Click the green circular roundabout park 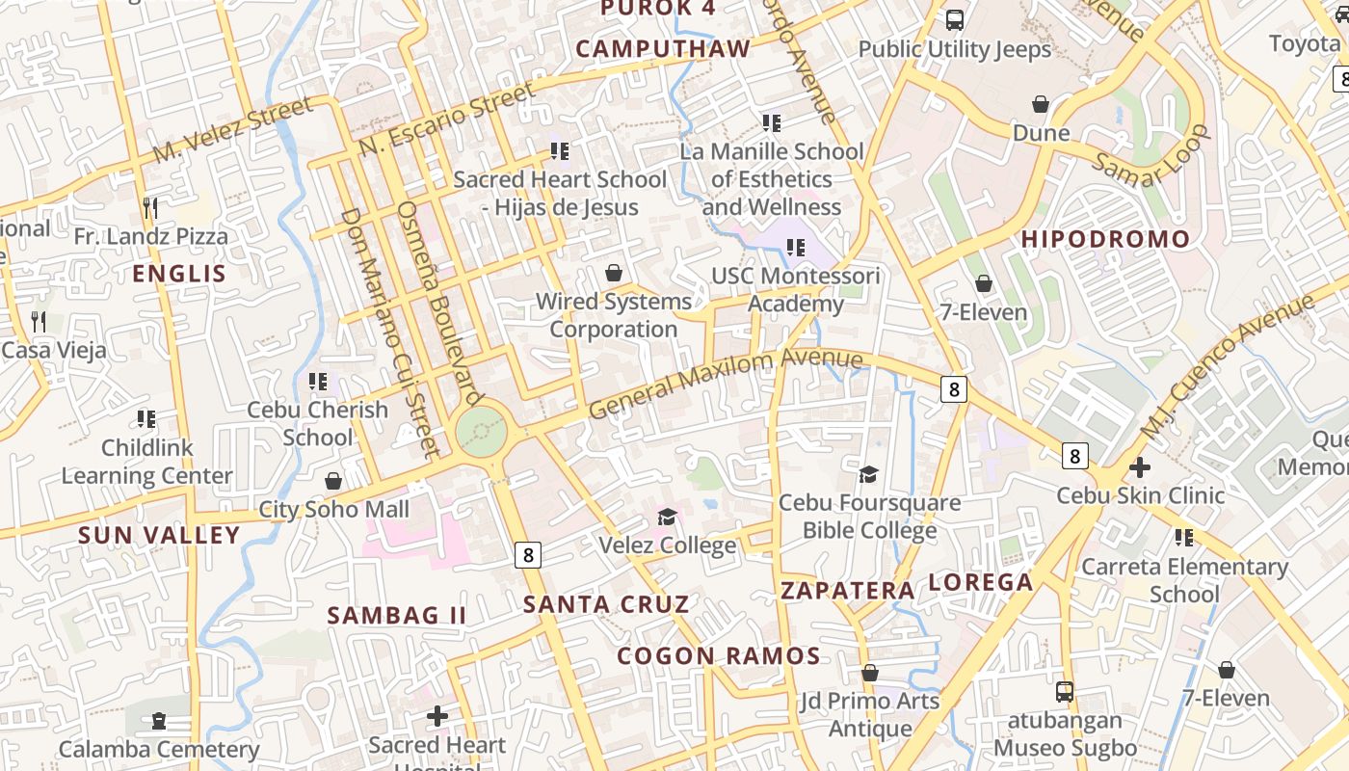[481, 432]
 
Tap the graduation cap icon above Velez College [667, 518]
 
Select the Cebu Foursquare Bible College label [869, 517]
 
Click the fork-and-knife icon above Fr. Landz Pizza [150, 207]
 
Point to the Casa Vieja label [54, 350]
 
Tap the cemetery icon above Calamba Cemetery [159, 720]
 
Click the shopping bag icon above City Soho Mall [333, 480]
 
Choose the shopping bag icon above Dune [1041, 103]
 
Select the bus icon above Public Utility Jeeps [954, 19]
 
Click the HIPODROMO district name [1105, 239]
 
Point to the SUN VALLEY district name [159, 535]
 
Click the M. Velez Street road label [233, 129]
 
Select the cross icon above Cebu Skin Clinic [1140, 467]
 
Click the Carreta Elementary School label [1184, 580]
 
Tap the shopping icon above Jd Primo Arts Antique [869, 673]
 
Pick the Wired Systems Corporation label [614, 315]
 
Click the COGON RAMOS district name [718, 656]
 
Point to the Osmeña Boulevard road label [439, 302]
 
